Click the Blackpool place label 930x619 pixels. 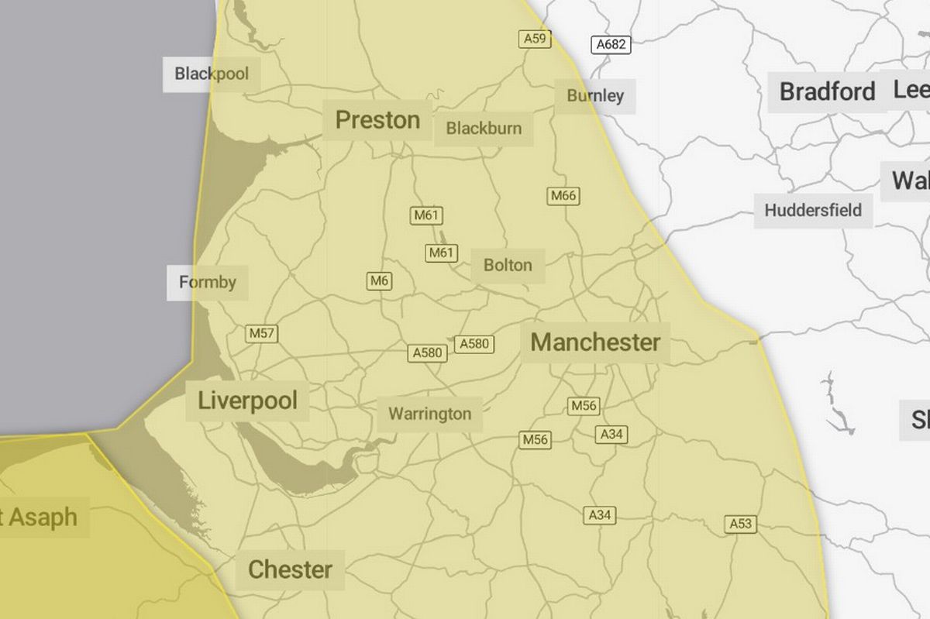[x=212, y=74]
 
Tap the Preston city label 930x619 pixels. [x=377, y=120]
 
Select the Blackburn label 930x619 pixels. [x=484, y=128]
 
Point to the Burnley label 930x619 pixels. [x=595, y=96]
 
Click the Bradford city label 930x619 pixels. [x=827, y=91]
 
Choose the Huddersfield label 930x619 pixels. [x=812, y=210]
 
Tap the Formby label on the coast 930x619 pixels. [x=208, y=282]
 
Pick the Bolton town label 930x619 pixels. [x=508, y=265]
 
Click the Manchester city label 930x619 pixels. [x=595, y=342]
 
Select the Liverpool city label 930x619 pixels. [x=248, y=401]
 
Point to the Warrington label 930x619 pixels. [x=429, y=414]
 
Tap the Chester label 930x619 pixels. [x=290, y=570]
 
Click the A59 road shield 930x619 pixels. [x=533, y=38]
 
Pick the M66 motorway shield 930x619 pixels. [x=563, y=196]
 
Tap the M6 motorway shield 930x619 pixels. [x=379, y=281]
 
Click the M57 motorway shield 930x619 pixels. [x=262, y=334]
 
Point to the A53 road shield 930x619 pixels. [x=740, y=524]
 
